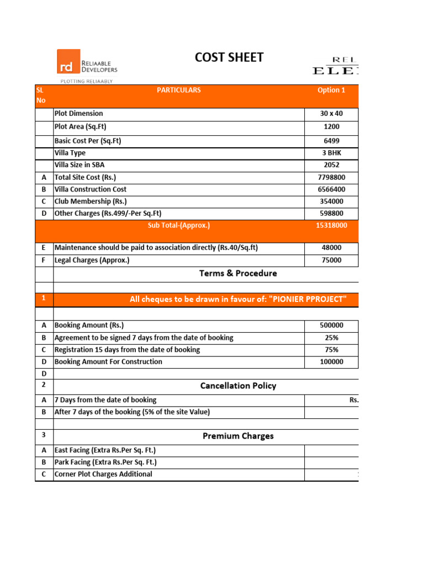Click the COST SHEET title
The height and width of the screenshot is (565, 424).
tap(229, 57)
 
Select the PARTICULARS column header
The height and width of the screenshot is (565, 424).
tap(179, 90)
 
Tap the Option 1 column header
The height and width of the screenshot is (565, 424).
tap(331, 90)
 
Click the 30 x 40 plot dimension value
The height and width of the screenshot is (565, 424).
tap(331, 114)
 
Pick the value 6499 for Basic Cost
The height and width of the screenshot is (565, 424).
tap(331, 141)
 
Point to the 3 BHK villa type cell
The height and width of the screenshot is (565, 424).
tap(331, 153)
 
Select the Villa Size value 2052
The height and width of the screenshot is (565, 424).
tap(331, 165)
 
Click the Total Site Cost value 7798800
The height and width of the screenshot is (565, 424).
tap(331, 177)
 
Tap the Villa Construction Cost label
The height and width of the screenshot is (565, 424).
tap(91, 189)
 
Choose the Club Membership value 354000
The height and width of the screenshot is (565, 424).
tap(331, 201)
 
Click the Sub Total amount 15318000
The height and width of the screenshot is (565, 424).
tap(331, 225)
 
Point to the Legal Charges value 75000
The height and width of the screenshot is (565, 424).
tap(331, 260)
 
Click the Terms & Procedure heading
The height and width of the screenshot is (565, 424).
tap(238, 273)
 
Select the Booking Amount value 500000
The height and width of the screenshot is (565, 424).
tap(331, 326)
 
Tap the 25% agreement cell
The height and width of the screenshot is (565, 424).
tap(331, 338)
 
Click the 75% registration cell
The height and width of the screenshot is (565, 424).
tap(331, 350)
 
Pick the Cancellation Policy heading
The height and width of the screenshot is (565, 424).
tap(238, 386)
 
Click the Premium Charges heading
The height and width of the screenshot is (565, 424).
tap(238, 436)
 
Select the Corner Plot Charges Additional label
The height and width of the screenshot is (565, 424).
tap(103, 475)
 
